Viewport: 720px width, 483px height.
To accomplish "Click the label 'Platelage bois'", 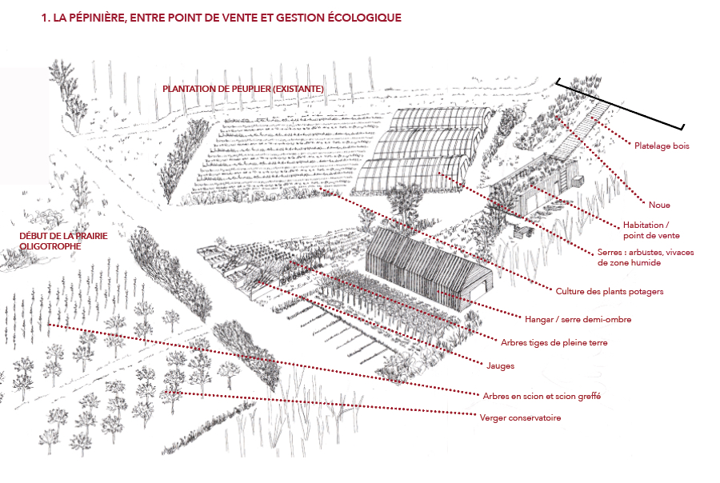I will (x=662, y=146).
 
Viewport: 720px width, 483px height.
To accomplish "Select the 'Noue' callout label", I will (x=659, y=206).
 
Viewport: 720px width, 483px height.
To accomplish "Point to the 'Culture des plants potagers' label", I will (x=610, y=291).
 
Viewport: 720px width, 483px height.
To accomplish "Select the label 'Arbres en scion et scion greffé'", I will (x=542, y=396).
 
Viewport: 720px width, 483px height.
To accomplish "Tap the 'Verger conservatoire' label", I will (x=520, y=417).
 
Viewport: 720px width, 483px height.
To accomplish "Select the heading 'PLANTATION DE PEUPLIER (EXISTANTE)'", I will (x=243, y=88).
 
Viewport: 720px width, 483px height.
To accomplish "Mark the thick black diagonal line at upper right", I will (x=621, y=104).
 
